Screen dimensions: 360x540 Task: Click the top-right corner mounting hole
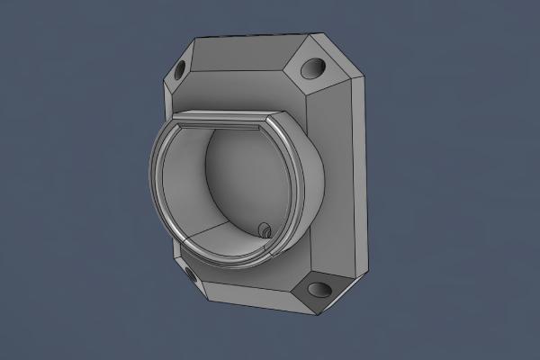314,67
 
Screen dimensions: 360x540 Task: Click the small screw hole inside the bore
265,230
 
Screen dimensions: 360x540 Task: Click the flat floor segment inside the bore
225,236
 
